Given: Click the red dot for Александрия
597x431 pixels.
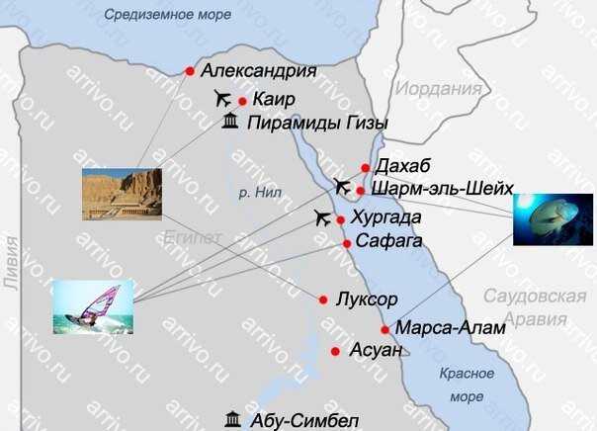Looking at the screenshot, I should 190,70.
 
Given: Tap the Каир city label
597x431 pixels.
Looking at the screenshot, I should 274,100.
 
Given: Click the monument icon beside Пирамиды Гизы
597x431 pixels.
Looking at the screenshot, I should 229,123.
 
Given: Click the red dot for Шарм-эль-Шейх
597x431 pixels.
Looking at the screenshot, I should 362,191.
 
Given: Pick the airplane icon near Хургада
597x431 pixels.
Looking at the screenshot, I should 320,217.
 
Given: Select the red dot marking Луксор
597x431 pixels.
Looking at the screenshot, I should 323,300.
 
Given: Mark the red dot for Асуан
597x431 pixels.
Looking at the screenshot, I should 336,351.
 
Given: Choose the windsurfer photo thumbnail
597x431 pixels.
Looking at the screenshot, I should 93,306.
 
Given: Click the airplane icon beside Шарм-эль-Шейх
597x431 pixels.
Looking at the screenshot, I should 342,185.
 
